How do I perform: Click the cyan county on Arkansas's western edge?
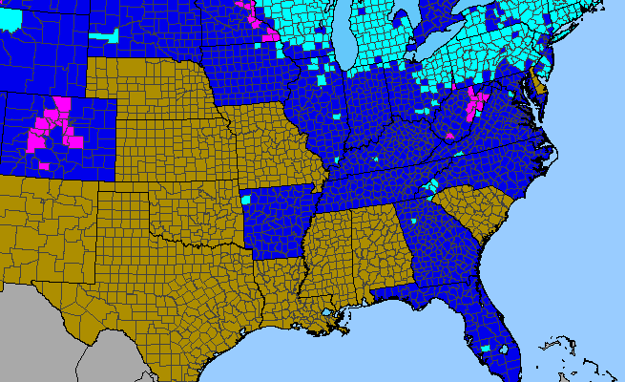245,201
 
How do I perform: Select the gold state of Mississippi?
329,253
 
